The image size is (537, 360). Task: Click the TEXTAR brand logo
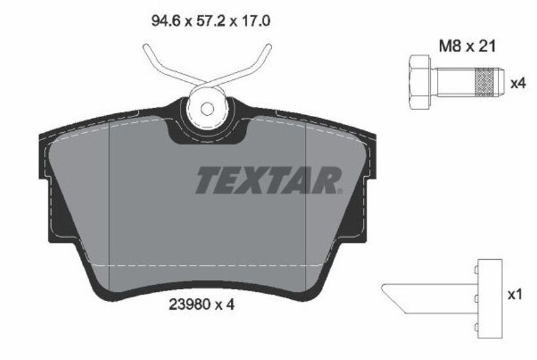pyautogui.click(x=268, y=180)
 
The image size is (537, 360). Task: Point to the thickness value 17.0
pyautogui.click(x=256, y=21)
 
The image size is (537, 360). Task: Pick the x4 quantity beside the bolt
pyautogui.click(x=517, y=83)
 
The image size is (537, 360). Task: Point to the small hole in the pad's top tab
pyautogui.click(x=207, y=109)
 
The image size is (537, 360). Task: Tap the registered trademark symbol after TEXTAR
pyautogui.click(x=339, y=190)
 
